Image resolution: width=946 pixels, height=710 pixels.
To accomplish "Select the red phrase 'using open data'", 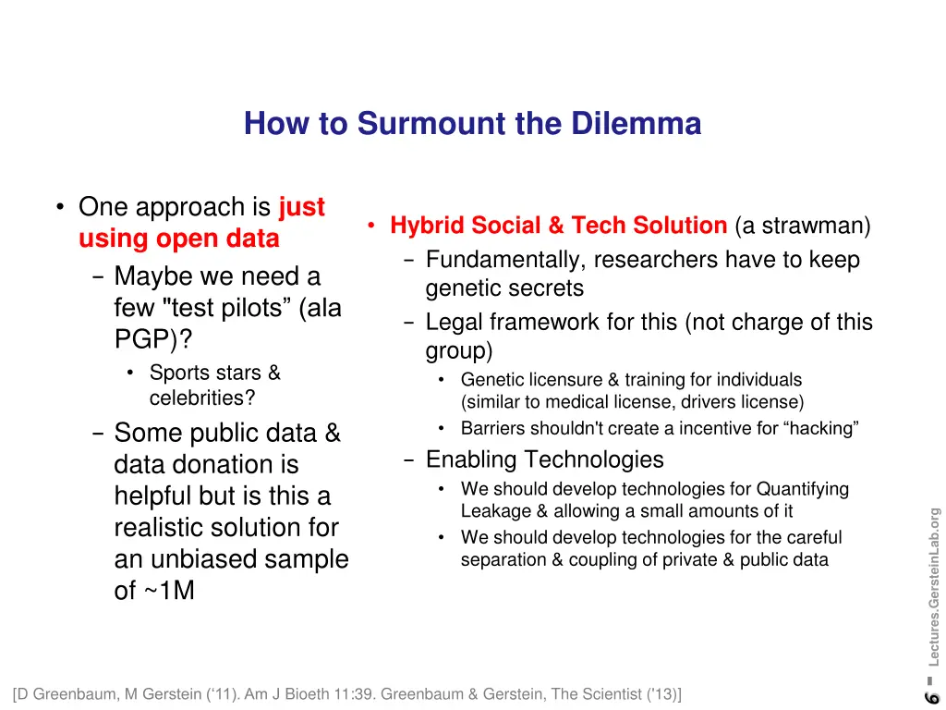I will (x=178, y=239).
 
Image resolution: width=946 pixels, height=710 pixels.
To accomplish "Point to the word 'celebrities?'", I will (x=202, y=398).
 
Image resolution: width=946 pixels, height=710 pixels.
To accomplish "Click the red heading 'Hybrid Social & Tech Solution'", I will (x=558, y=226).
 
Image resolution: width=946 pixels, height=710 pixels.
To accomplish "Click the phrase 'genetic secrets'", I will (x=504, y=288).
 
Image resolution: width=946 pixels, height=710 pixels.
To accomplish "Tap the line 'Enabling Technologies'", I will (x=544, y=459).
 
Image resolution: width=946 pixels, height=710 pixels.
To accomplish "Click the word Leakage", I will (x=496, y=511).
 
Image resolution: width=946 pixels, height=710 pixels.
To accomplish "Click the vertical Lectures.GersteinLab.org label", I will (x=934, y=587).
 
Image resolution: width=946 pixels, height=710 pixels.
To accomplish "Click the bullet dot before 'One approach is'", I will (x=59, y=207).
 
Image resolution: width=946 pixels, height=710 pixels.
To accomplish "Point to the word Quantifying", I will (x=802, y=489).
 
